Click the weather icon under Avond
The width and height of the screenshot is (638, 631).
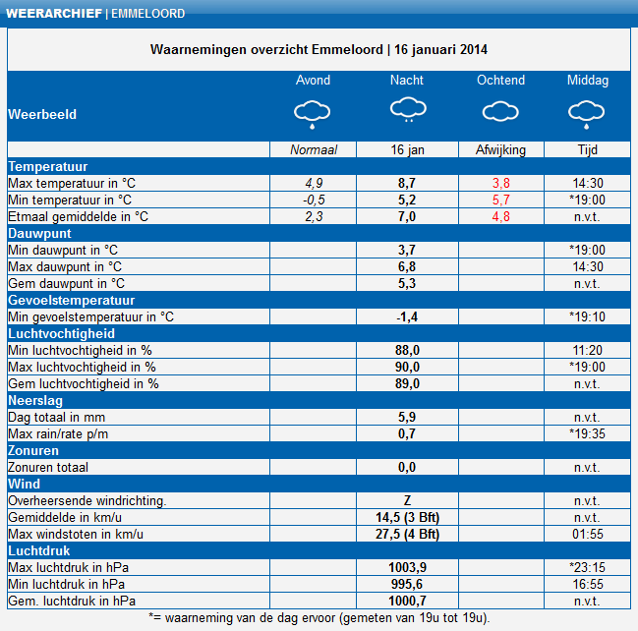(312, 114)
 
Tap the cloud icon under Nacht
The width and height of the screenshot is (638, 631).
(408, 109)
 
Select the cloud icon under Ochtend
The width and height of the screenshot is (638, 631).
(500, 111)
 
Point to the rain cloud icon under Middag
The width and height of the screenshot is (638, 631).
(586, 114)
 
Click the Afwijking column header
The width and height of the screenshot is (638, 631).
(500, 149)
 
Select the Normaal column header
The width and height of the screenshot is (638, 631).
(314, 149)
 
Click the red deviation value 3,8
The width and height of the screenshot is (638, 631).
(501, 183)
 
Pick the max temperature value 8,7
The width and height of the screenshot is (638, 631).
(407, 183)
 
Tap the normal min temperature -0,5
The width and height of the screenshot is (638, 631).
(314, 200)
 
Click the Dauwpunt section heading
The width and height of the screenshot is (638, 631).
(39, 233)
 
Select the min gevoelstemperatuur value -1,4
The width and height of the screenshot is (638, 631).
(407, 316)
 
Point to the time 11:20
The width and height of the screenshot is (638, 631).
(587, 350)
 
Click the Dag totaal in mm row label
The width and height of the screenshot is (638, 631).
(57, 417)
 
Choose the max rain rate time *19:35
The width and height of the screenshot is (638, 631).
(587, 433)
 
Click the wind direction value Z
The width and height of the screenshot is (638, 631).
(407, 500)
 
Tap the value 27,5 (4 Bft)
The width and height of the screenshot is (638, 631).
(407, 534)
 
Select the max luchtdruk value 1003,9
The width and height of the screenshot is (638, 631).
(407, 567)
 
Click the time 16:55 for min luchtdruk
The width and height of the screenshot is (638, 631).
(588, 584)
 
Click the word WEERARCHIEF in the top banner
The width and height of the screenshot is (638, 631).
(54, 14)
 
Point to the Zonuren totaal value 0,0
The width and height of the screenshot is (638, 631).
(407, 467)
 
